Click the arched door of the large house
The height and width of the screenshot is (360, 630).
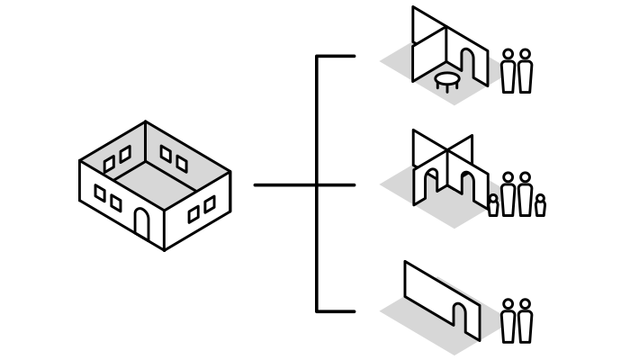pos(141,223)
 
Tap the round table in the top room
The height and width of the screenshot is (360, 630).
pos(447,80)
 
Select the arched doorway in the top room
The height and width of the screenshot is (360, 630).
pos(468,63)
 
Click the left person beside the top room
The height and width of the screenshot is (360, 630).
pos(508,72)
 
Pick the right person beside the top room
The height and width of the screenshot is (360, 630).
pos(525,72)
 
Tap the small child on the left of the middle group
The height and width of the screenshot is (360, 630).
pos(493,206)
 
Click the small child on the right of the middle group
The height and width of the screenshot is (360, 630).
pos(540,206)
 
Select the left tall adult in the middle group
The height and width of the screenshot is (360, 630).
pos(508,196)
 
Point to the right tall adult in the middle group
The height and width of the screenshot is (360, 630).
pos(525,196)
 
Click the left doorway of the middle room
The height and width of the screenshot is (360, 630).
pos(432,184)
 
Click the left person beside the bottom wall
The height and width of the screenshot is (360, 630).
pos(508,322)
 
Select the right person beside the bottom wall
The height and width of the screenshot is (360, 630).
pos(525,322)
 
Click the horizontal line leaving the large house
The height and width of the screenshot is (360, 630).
pos(284,185)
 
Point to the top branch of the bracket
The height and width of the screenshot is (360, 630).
pos(336,57)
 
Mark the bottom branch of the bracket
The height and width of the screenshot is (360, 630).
pos(336,311)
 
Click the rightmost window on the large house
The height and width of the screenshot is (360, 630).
pos(210,205)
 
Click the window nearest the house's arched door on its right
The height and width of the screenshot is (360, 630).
pos(193,214)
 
